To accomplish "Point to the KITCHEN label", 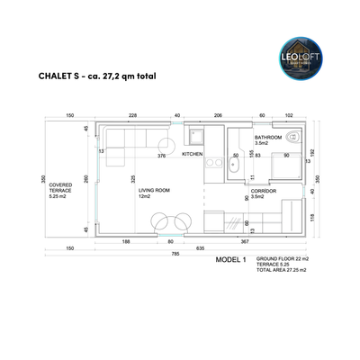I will (x=193, y=155).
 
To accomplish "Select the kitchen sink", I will (x=194, y=137).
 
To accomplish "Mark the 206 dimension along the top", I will (x=217, y=115).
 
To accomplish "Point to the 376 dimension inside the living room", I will (x=162, y=155).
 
